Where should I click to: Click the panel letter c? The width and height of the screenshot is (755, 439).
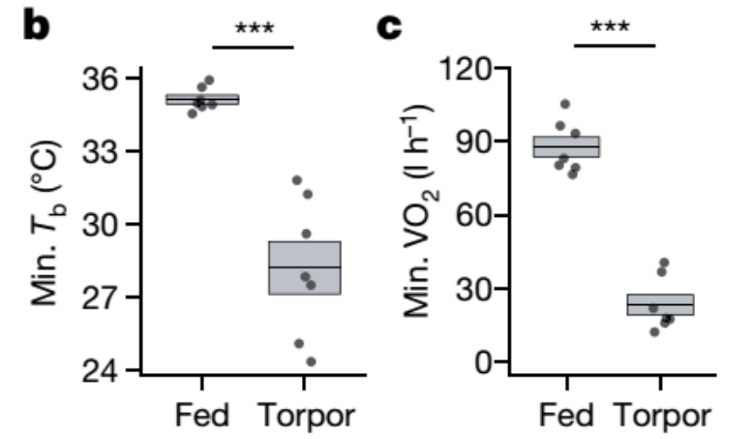click(x=387, y=28)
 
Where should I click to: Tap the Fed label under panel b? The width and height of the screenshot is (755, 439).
click(x=201, y=417)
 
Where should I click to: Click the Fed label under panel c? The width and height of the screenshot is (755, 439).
click(x=565, y=417)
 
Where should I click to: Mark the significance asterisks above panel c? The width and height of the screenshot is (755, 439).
click(x=615, y=26)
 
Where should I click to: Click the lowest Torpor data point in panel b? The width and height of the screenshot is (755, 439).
click(x=311, y=361)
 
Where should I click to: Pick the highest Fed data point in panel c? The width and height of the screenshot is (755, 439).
click(x=565, y=104)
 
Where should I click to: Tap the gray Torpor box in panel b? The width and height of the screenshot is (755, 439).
click(x=305, y=267)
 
